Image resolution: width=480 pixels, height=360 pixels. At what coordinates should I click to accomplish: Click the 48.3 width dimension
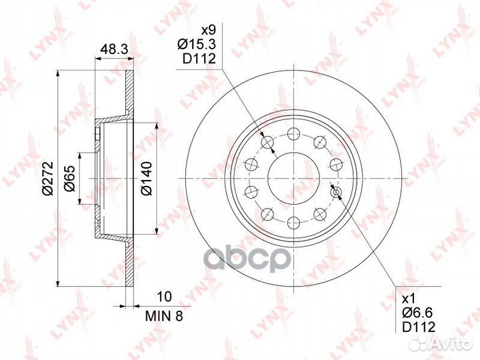coord(114,49)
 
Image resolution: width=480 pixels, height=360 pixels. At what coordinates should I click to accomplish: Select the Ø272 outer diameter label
coord(49,178)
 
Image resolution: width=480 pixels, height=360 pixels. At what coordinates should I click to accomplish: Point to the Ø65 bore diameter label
coord(70,178)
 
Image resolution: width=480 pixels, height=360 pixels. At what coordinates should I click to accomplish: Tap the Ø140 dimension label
coord(147,178)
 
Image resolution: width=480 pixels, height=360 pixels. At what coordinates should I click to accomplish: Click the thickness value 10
coord(164,296)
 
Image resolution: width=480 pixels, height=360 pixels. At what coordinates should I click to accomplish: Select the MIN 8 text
coord(164,316)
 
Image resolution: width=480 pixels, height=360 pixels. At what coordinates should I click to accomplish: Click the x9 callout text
coord(208,30)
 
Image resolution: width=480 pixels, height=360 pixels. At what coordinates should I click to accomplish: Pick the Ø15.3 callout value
coord(197,45)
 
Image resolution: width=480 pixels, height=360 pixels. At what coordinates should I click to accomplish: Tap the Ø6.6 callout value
coord(418,313)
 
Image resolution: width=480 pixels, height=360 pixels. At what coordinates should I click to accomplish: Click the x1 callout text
coord(408,298)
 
